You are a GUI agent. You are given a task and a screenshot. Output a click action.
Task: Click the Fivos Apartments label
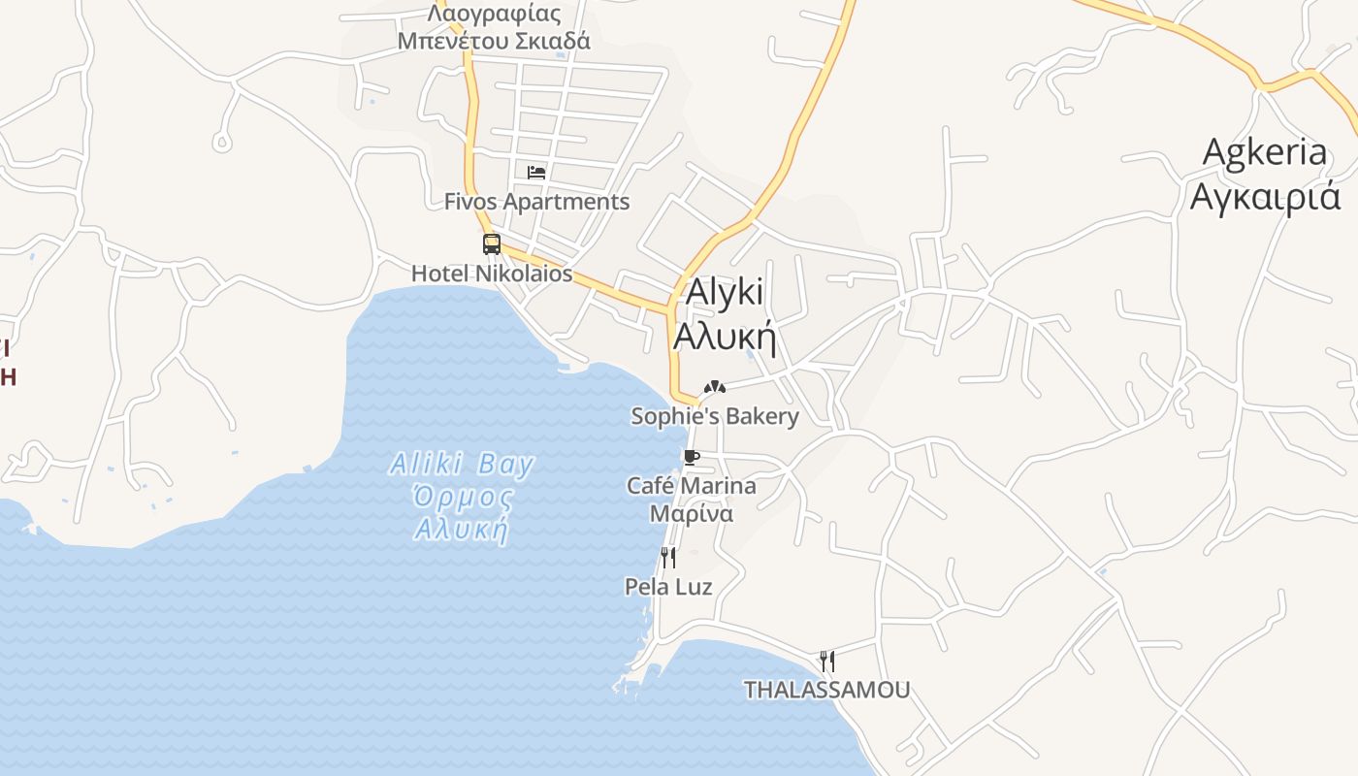536,202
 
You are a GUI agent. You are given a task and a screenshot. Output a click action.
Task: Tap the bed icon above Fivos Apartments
536,173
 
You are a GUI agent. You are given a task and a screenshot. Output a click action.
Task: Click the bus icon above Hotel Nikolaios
492,243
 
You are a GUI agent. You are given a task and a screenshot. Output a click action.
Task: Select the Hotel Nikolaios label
492,274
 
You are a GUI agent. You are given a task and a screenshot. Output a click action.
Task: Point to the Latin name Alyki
725,292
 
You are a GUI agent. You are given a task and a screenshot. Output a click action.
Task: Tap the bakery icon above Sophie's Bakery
715,386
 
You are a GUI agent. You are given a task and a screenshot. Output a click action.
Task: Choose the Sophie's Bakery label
715,416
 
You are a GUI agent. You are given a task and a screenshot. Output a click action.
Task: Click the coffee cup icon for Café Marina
691,457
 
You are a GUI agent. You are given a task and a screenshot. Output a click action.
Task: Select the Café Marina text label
691,485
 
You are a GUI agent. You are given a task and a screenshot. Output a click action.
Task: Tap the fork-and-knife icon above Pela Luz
667,557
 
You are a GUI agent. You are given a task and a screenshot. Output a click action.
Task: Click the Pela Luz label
668,587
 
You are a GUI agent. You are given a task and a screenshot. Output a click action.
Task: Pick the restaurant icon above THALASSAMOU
827,661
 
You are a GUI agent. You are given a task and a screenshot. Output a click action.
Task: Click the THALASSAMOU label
826,690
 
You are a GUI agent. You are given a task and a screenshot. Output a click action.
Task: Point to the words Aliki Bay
462,465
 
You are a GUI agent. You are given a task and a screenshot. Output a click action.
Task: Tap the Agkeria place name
1264,152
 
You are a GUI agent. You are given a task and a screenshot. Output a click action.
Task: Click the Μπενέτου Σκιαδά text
494,41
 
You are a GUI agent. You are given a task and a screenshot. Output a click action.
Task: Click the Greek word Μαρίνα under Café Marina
691,513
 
